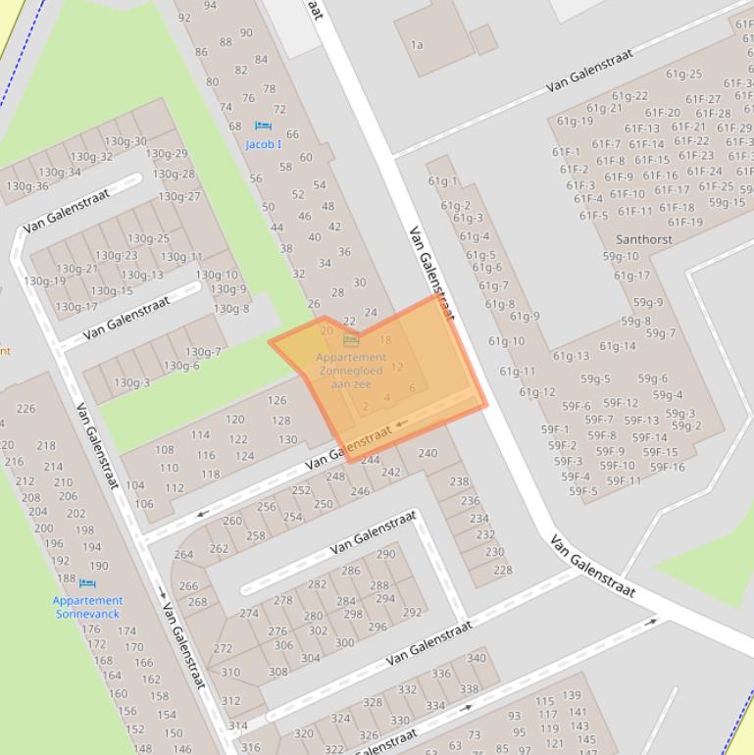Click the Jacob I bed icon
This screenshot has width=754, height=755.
(262, 126)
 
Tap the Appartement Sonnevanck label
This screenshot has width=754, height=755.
(87, 607)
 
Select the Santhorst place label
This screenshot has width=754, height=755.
(643, 238)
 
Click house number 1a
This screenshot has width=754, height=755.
(417, 44)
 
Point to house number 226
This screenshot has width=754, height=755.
(25, 409)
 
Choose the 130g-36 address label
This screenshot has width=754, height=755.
(26, 186)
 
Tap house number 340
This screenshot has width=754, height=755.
(476, 658)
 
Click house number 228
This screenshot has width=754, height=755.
(502, 570)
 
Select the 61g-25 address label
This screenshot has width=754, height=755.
(683, 74)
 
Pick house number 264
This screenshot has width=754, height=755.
(183, 555)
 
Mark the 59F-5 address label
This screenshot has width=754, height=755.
(582, 491)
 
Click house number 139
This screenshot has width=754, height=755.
(571, 696)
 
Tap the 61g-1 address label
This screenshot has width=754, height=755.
(443, 180)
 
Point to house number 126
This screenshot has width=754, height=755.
(277, 400)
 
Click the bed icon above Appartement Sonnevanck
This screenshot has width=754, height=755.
(87, 583)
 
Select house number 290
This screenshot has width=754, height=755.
(385, 554)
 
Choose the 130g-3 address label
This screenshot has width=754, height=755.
(131, 382)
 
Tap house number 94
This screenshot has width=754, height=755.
(210, 6)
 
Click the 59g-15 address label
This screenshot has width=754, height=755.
(727, 203)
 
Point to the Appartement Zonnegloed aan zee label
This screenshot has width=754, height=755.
(351, 371)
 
